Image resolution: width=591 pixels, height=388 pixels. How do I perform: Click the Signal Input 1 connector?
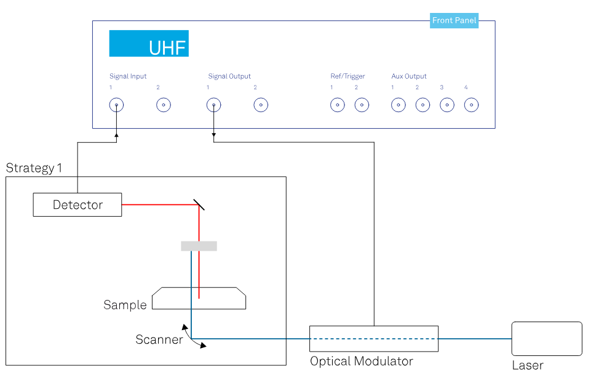tap(116, 105)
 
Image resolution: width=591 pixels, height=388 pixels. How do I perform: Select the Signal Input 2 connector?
tap(164, 105)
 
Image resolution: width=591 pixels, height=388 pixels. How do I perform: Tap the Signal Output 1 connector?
tap(213, 105)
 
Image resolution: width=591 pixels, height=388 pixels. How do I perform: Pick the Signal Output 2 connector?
tap(261, 105)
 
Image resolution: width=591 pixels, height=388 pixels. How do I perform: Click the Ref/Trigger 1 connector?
tap(337, 105)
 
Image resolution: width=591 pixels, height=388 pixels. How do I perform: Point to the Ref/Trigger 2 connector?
tap(362, 105)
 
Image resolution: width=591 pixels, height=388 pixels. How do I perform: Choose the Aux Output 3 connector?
tap(447, 105)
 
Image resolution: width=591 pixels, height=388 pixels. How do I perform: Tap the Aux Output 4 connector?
tap(471, 105)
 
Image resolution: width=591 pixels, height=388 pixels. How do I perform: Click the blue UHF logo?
tap(149, 44)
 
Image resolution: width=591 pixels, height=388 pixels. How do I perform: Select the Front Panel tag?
tap(454, 21)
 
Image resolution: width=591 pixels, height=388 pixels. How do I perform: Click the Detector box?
tap(77, 204)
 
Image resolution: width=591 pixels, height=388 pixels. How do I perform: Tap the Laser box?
tap(547, 338)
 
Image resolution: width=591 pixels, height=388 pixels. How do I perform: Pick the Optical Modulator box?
tap(374, 338)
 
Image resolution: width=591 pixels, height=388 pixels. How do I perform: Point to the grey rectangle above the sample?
tap(199, 246)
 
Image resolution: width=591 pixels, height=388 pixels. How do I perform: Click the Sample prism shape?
tap(199, 298)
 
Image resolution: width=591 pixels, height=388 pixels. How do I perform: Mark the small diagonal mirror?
tap(199, 204)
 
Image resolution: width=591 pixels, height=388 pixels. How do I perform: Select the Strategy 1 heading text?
tap(34, 168)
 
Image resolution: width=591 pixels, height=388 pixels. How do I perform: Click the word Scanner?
tap(159, 339)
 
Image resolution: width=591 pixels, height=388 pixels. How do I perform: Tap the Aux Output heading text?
tap(409, 76)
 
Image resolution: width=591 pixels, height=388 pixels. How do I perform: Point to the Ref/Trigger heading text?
tap(347, 76)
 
